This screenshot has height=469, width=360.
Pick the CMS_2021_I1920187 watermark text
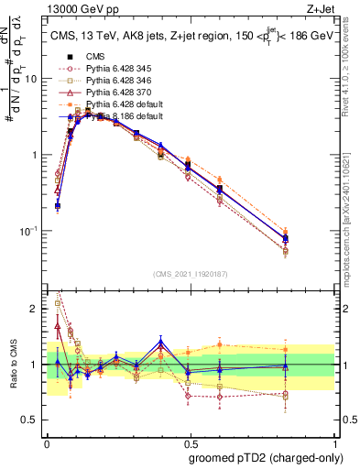click(x=191, y=273)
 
